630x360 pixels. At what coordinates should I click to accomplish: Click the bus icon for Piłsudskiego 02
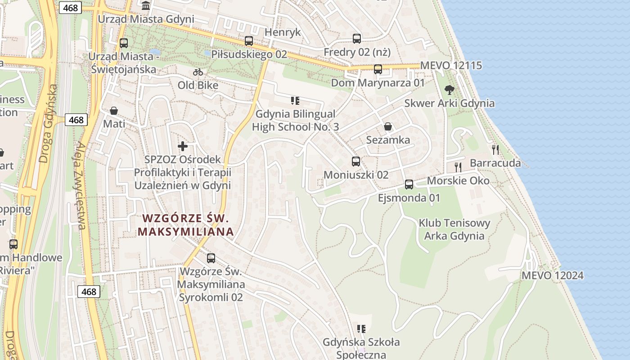[249, 41]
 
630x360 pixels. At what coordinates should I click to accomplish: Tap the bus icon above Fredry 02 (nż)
[357, 39]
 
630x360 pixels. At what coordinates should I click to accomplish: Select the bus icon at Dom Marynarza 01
[378, 69]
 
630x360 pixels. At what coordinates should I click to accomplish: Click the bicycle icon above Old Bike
[198, 72]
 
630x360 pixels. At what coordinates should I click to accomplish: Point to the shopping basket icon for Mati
[114, 111]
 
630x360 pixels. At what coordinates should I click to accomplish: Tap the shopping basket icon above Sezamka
[388, 127]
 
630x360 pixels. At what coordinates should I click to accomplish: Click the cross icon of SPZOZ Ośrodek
[183, 146]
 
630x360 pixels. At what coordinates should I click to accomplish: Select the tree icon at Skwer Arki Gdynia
[449, 90]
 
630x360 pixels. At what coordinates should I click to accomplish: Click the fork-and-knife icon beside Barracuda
[495, 150]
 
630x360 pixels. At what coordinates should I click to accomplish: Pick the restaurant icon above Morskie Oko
[458, 167]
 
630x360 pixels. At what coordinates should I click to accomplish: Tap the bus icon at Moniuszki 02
[356, 162]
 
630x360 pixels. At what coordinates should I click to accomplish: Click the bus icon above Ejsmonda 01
[409, 184]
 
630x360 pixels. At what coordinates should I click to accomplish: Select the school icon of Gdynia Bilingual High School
[295, 101]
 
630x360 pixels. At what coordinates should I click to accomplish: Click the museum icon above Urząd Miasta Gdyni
[146, 6]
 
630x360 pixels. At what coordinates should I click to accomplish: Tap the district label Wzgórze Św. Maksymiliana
[186, 225]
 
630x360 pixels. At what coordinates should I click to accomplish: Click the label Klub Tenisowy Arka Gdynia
[454, 229]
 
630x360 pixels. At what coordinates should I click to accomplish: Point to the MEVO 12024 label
[553, 275]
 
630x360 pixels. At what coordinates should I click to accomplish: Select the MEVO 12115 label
[451, 66]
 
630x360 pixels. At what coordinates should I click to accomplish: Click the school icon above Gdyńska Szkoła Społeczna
[361, 329]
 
